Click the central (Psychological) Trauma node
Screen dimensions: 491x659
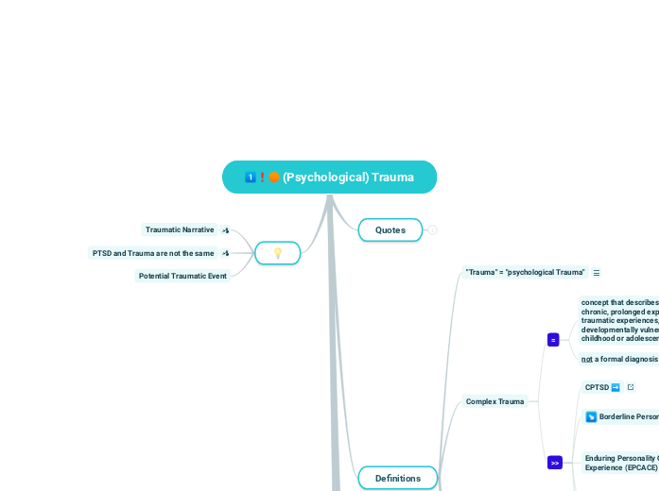point(330,177)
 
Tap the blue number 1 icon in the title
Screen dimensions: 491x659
point(250,177)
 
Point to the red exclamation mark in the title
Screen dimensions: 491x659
point(262,177)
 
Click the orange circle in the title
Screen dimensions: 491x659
point(274,177)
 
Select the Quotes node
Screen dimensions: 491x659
point(390,229)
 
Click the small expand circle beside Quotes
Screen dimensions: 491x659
point(433,229)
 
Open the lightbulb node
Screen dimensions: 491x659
point(278,253)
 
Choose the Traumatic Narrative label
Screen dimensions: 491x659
point(180,229)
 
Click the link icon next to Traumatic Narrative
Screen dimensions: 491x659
point(225,229)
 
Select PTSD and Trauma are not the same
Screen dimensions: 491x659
point(153,253)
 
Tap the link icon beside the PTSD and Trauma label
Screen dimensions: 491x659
point(225,253)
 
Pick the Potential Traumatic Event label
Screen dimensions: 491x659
point(182,276)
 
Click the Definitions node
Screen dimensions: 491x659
point(398,478)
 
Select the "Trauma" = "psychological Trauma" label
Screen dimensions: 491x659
point(525,272)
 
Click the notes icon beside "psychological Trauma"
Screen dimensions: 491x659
point(597,272)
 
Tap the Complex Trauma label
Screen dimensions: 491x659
point(495,401)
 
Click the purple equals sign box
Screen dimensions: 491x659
point(553,339)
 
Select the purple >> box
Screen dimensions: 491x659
point(555,463)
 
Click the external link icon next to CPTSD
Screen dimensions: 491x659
point(631,387)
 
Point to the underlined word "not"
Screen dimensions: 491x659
point(586,359)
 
